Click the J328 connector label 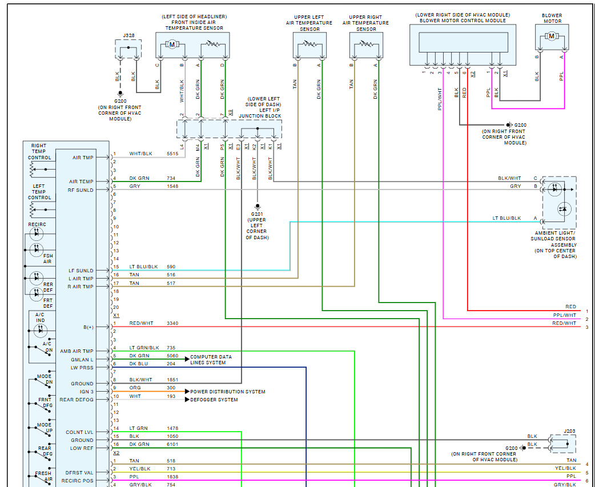click(128, 35)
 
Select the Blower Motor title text click(552, 18)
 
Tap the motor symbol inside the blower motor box click(552, 37)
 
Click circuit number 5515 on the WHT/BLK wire click(172, 154)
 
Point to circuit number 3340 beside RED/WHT click(172, 323)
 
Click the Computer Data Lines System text click(211, 360)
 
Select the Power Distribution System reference click(227, 392)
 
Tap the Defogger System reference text click(214, 400)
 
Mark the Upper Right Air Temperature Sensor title click(365, 23)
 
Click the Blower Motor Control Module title click(463, 21)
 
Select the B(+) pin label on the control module click(88, 327)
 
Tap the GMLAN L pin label click(82, 360)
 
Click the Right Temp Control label click(39, 151)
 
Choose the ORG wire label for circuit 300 click(135, 388)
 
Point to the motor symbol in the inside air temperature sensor click(171, 45)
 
